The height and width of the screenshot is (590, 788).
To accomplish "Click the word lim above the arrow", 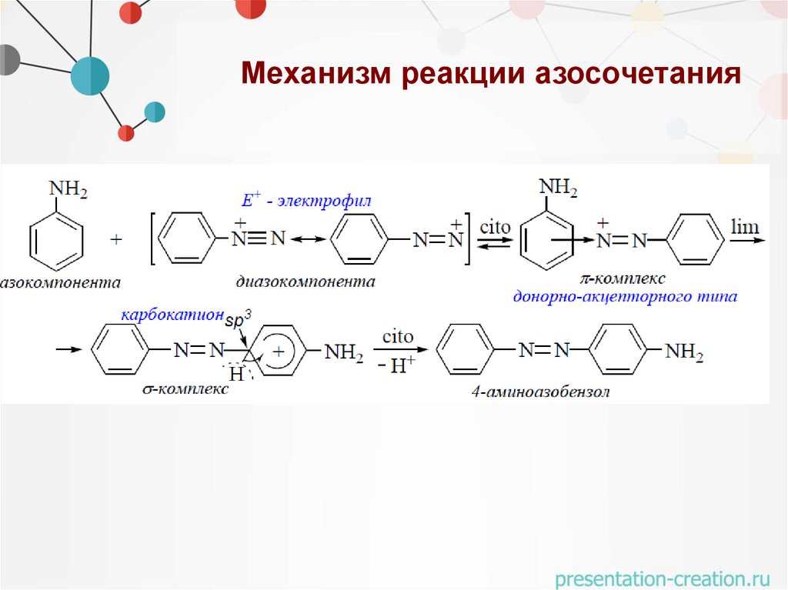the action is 744,227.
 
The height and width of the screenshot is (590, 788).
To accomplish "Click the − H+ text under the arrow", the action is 397,366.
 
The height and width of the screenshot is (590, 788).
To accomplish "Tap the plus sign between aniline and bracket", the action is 116,241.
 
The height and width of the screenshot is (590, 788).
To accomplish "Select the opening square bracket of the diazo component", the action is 152,241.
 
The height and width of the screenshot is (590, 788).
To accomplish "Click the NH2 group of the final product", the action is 684,352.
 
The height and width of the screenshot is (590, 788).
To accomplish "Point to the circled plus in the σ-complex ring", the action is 279,351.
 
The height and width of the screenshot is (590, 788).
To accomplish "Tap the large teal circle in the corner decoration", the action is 90,75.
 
